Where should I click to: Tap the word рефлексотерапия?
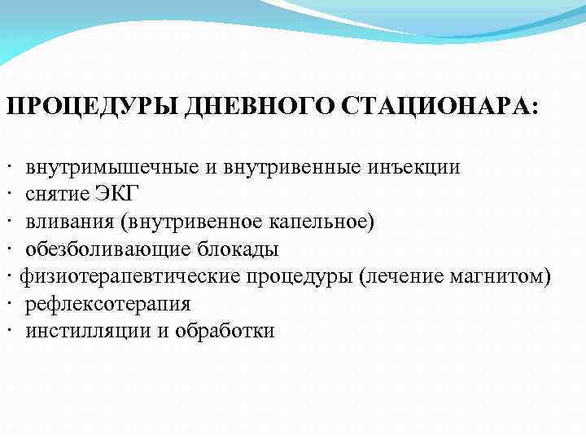[107, 304]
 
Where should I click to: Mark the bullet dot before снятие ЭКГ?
[7, 195]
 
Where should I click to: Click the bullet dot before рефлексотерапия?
[7, 304]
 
